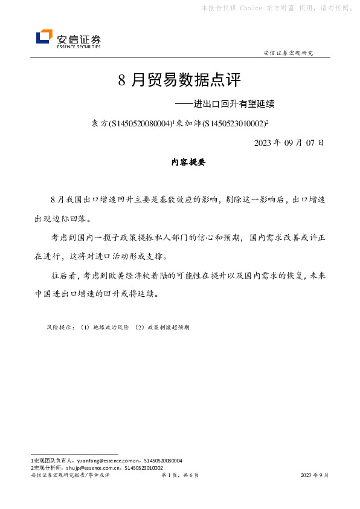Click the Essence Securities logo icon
[x=44, y=37]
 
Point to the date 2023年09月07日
[x=289, y=143]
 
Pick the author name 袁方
[x=98, y=123]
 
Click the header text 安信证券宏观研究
[x=289, y=53]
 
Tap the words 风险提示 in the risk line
[x=60, y=327]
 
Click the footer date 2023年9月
[x=315, y=476]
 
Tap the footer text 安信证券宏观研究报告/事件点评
[x=69, y=476]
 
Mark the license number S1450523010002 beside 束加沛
[x=233, y=123]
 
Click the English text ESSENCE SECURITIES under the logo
[x=79, y=45]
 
